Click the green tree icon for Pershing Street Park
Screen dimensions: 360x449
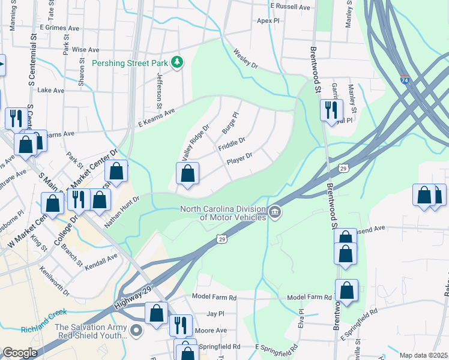tap(177, 62)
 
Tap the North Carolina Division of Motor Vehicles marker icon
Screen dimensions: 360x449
tap(275, 212)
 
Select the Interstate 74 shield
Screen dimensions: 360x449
tap(406, 80)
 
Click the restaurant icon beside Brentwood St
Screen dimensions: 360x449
tap(331, 110)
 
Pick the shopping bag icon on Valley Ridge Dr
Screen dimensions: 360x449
tap(188, 174)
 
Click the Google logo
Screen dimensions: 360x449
tap(20, 352)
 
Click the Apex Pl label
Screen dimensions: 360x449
tap(268, 20)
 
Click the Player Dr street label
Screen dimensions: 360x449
tap(240, 159)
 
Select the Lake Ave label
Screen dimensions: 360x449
tap(50, 91)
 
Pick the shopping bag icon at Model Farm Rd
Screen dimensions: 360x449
tap(346, 291)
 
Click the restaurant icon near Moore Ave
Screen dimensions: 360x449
tap(180, 325)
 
